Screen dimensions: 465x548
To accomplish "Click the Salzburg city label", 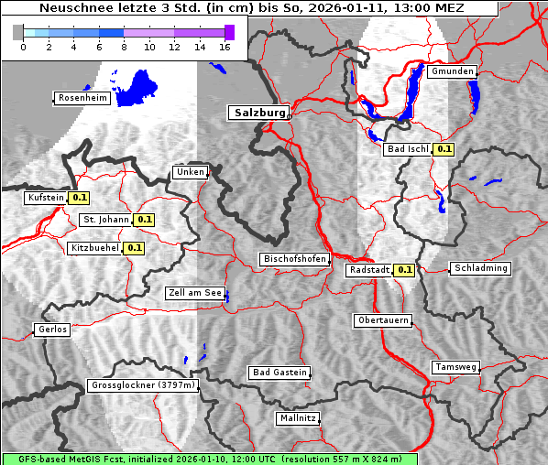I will [258, 113].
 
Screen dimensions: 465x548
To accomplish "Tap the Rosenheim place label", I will [82, 98].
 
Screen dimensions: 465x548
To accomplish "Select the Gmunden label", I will [452, 71].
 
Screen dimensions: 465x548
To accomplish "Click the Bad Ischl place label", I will [407, 149].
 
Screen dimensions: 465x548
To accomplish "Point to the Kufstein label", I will [45, 198].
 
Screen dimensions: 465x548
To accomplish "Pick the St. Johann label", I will [104, 220].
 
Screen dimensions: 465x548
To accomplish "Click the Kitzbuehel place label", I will [94, 248].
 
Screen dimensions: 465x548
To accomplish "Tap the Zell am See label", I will [194, 293].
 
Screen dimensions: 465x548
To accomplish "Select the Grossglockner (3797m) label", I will [143, 386].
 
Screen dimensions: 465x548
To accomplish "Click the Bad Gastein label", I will [279, 373].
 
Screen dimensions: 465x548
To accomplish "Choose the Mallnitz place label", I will [297, 418].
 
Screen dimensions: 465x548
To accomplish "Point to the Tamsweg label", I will [455, 367].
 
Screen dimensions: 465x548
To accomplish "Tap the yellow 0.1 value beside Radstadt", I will [404, 270].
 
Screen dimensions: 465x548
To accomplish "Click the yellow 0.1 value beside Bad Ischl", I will [444, 149].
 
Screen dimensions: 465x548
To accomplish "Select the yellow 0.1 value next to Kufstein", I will [80, 198].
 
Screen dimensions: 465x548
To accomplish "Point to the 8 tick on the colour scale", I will [124, 47].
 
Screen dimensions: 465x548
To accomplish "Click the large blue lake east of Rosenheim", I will [137, 88].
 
